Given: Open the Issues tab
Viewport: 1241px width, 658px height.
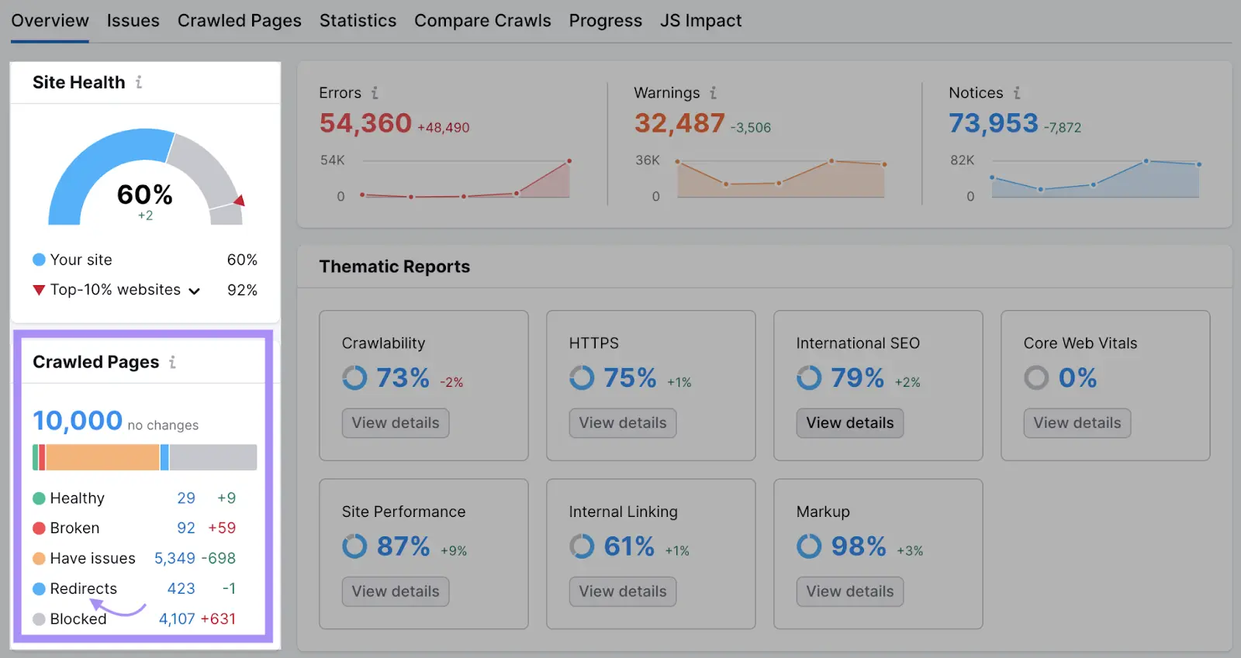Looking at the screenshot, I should tap(133, 21).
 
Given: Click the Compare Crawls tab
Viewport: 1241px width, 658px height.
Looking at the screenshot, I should tap(482, 21).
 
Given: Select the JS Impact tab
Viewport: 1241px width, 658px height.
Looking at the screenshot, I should tap(700, 21).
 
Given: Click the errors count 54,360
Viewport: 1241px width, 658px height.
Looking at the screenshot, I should tap(365, 123).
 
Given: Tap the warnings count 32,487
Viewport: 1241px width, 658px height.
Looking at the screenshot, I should tap(679, 123).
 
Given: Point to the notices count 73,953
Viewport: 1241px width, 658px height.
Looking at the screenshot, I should tap(993, 123).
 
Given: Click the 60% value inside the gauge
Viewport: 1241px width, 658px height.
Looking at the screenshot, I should tap(145, 194).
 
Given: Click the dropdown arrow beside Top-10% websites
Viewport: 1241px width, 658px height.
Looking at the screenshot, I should tap(195, 291).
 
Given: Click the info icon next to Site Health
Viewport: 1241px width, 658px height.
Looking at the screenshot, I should tap(139, 82).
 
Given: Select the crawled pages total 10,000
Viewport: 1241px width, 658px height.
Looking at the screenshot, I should tap(78, 421).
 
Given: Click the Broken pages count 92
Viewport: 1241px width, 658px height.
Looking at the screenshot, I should tap(186, 528).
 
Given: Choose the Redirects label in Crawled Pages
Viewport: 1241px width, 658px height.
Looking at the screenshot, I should tap(83, 588).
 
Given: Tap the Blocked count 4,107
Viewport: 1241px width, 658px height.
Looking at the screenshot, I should tap(177, 618).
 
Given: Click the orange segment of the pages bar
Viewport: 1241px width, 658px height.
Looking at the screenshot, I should tap(102, 457).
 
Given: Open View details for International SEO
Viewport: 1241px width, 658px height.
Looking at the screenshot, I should tap(849, 423).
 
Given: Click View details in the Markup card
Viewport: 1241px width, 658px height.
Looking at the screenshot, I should tap(849, 591).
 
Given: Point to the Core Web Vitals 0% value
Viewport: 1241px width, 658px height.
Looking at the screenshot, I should tap(1077, 378).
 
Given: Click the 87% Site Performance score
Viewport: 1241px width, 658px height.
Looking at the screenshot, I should tap(403, 546).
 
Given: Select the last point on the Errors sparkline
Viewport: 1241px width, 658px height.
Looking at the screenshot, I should tap(569, 161).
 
